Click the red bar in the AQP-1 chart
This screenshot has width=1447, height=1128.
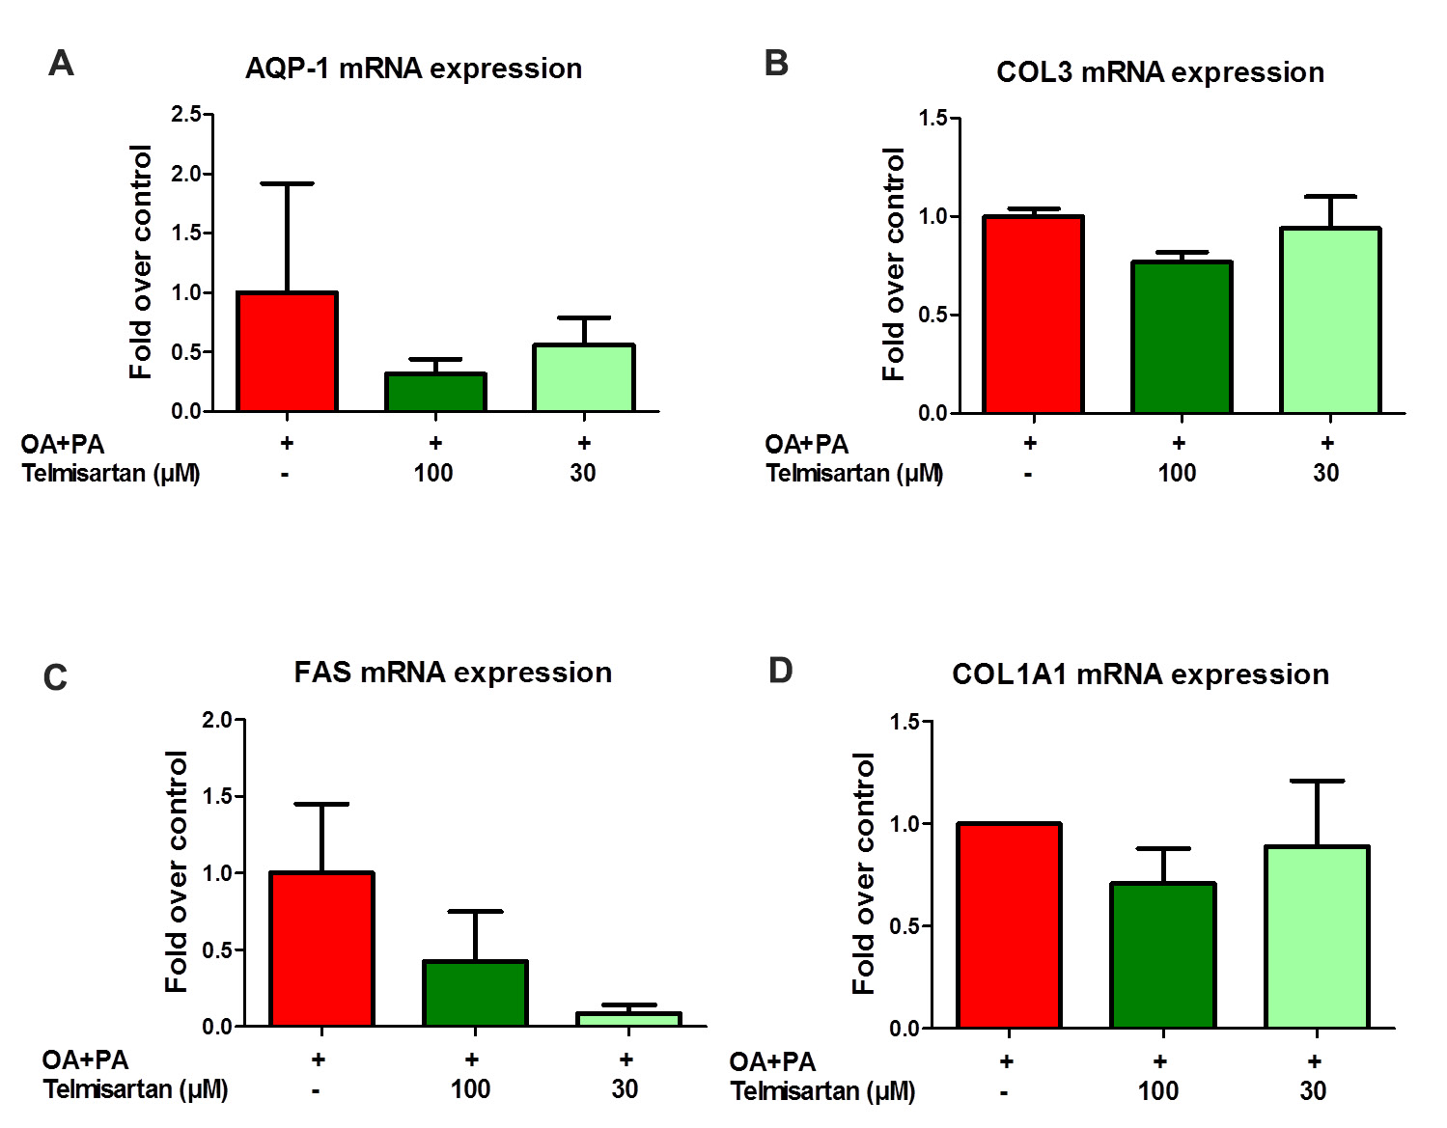pyautogui.click(x=287, y=352)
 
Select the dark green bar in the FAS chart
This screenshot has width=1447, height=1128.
pyautogui.click(x=475, y=994)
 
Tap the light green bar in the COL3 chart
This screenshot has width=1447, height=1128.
pyautogui.click(x=1330, y=320)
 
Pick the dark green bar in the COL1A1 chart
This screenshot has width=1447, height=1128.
pyautogui.click(x=1162, y=955)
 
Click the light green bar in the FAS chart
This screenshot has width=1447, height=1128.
pyautogui.click(x=628, y=1019)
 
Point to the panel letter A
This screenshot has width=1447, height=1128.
pyautogui.click(x=61, y=64)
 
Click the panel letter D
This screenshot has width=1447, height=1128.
pyautogui.click(x=780, y=670)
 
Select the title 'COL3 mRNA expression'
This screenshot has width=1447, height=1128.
pyautogui.click(x=1159, y=72)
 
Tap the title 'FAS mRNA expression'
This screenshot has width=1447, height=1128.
pyautogui.click(x=453, y=673)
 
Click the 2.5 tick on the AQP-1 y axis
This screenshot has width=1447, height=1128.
pyautogui.click(x=186, y=114)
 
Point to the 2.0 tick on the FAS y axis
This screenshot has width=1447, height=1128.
pyautogui.click(x=217, y=720)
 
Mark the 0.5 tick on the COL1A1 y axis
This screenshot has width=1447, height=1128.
pyautogui.click(x=904, y=926)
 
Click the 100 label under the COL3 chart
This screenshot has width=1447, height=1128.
pyautogui.click(x=1177, y=473)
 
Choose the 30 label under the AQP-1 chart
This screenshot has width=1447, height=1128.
pyautogui.click(x=582, y=473)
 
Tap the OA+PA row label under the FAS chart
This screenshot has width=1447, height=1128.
pyautogui.click(x=85, y=1059)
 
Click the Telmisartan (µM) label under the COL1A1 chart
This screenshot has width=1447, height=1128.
pyautogui.click(x=822, y=1091)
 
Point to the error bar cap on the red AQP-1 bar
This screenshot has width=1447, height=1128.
pyautogui.click(x=287, y=183)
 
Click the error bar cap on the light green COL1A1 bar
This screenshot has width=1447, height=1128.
pyautogui.click(x=1317, y=781)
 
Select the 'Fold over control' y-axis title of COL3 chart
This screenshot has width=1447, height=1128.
pyautogui.click(x=894, y=264)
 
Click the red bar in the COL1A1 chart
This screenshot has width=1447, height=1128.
pyautogui.click(x=1009, y=926)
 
